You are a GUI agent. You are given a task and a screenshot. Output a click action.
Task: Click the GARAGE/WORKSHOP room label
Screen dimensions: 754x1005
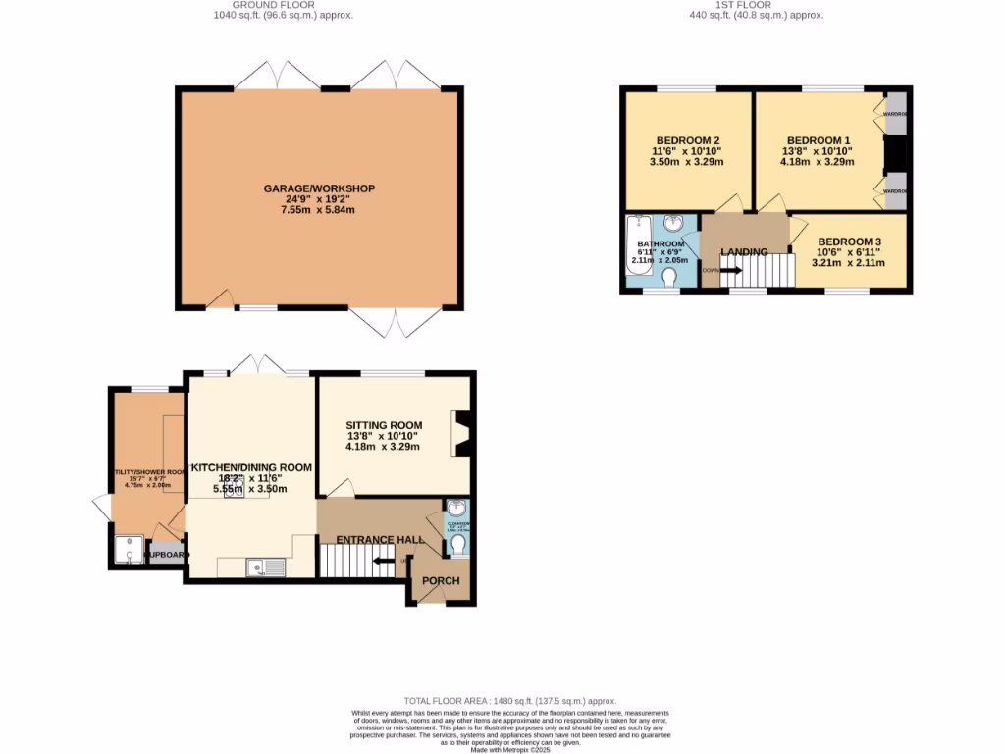coord(319,188)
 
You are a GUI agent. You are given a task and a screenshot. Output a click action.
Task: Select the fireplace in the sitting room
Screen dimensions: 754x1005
coord(461,434)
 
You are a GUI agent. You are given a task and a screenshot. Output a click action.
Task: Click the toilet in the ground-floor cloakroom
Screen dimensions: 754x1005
coord(458,543)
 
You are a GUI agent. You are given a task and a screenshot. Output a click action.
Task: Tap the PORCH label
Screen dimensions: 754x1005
coord(441,581)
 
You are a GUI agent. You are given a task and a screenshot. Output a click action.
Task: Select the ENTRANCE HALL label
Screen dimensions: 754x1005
coord(370,540)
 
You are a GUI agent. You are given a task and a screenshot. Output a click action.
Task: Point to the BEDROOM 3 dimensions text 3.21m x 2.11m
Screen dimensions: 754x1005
coord(848,263)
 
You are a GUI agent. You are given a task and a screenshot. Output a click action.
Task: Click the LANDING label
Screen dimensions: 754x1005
coord(744,252)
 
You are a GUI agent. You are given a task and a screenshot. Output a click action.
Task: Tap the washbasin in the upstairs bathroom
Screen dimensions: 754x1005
coord(675,225)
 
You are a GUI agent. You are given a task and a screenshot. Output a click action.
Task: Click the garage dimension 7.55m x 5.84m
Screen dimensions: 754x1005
coord(318,210)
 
